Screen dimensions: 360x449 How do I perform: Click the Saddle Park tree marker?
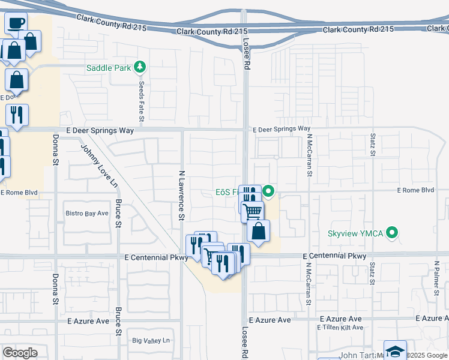(140, 67)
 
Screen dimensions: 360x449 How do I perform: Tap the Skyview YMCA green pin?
(393, 232)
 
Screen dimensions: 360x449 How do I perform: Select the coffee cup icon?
(16, 23)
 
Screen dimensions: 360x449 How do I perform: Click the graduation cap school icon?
(395, 350)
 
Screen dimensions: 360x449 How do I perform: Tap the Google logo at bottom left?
(20, 352)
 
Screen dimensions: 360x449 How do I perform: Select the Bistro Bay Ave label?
(86, 213)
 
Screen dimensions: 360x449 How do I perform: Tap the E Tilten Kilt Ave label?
(340, 327)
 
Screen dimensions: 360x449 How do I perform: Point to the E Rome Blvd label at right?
(415, 190)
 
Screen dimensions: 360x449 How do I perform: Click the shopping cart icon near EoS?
(253, 211)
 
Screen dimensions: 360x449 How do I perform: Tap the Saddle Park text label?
(109, 68)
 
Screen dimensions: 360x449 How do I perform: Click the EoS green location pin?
(269, 193)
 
